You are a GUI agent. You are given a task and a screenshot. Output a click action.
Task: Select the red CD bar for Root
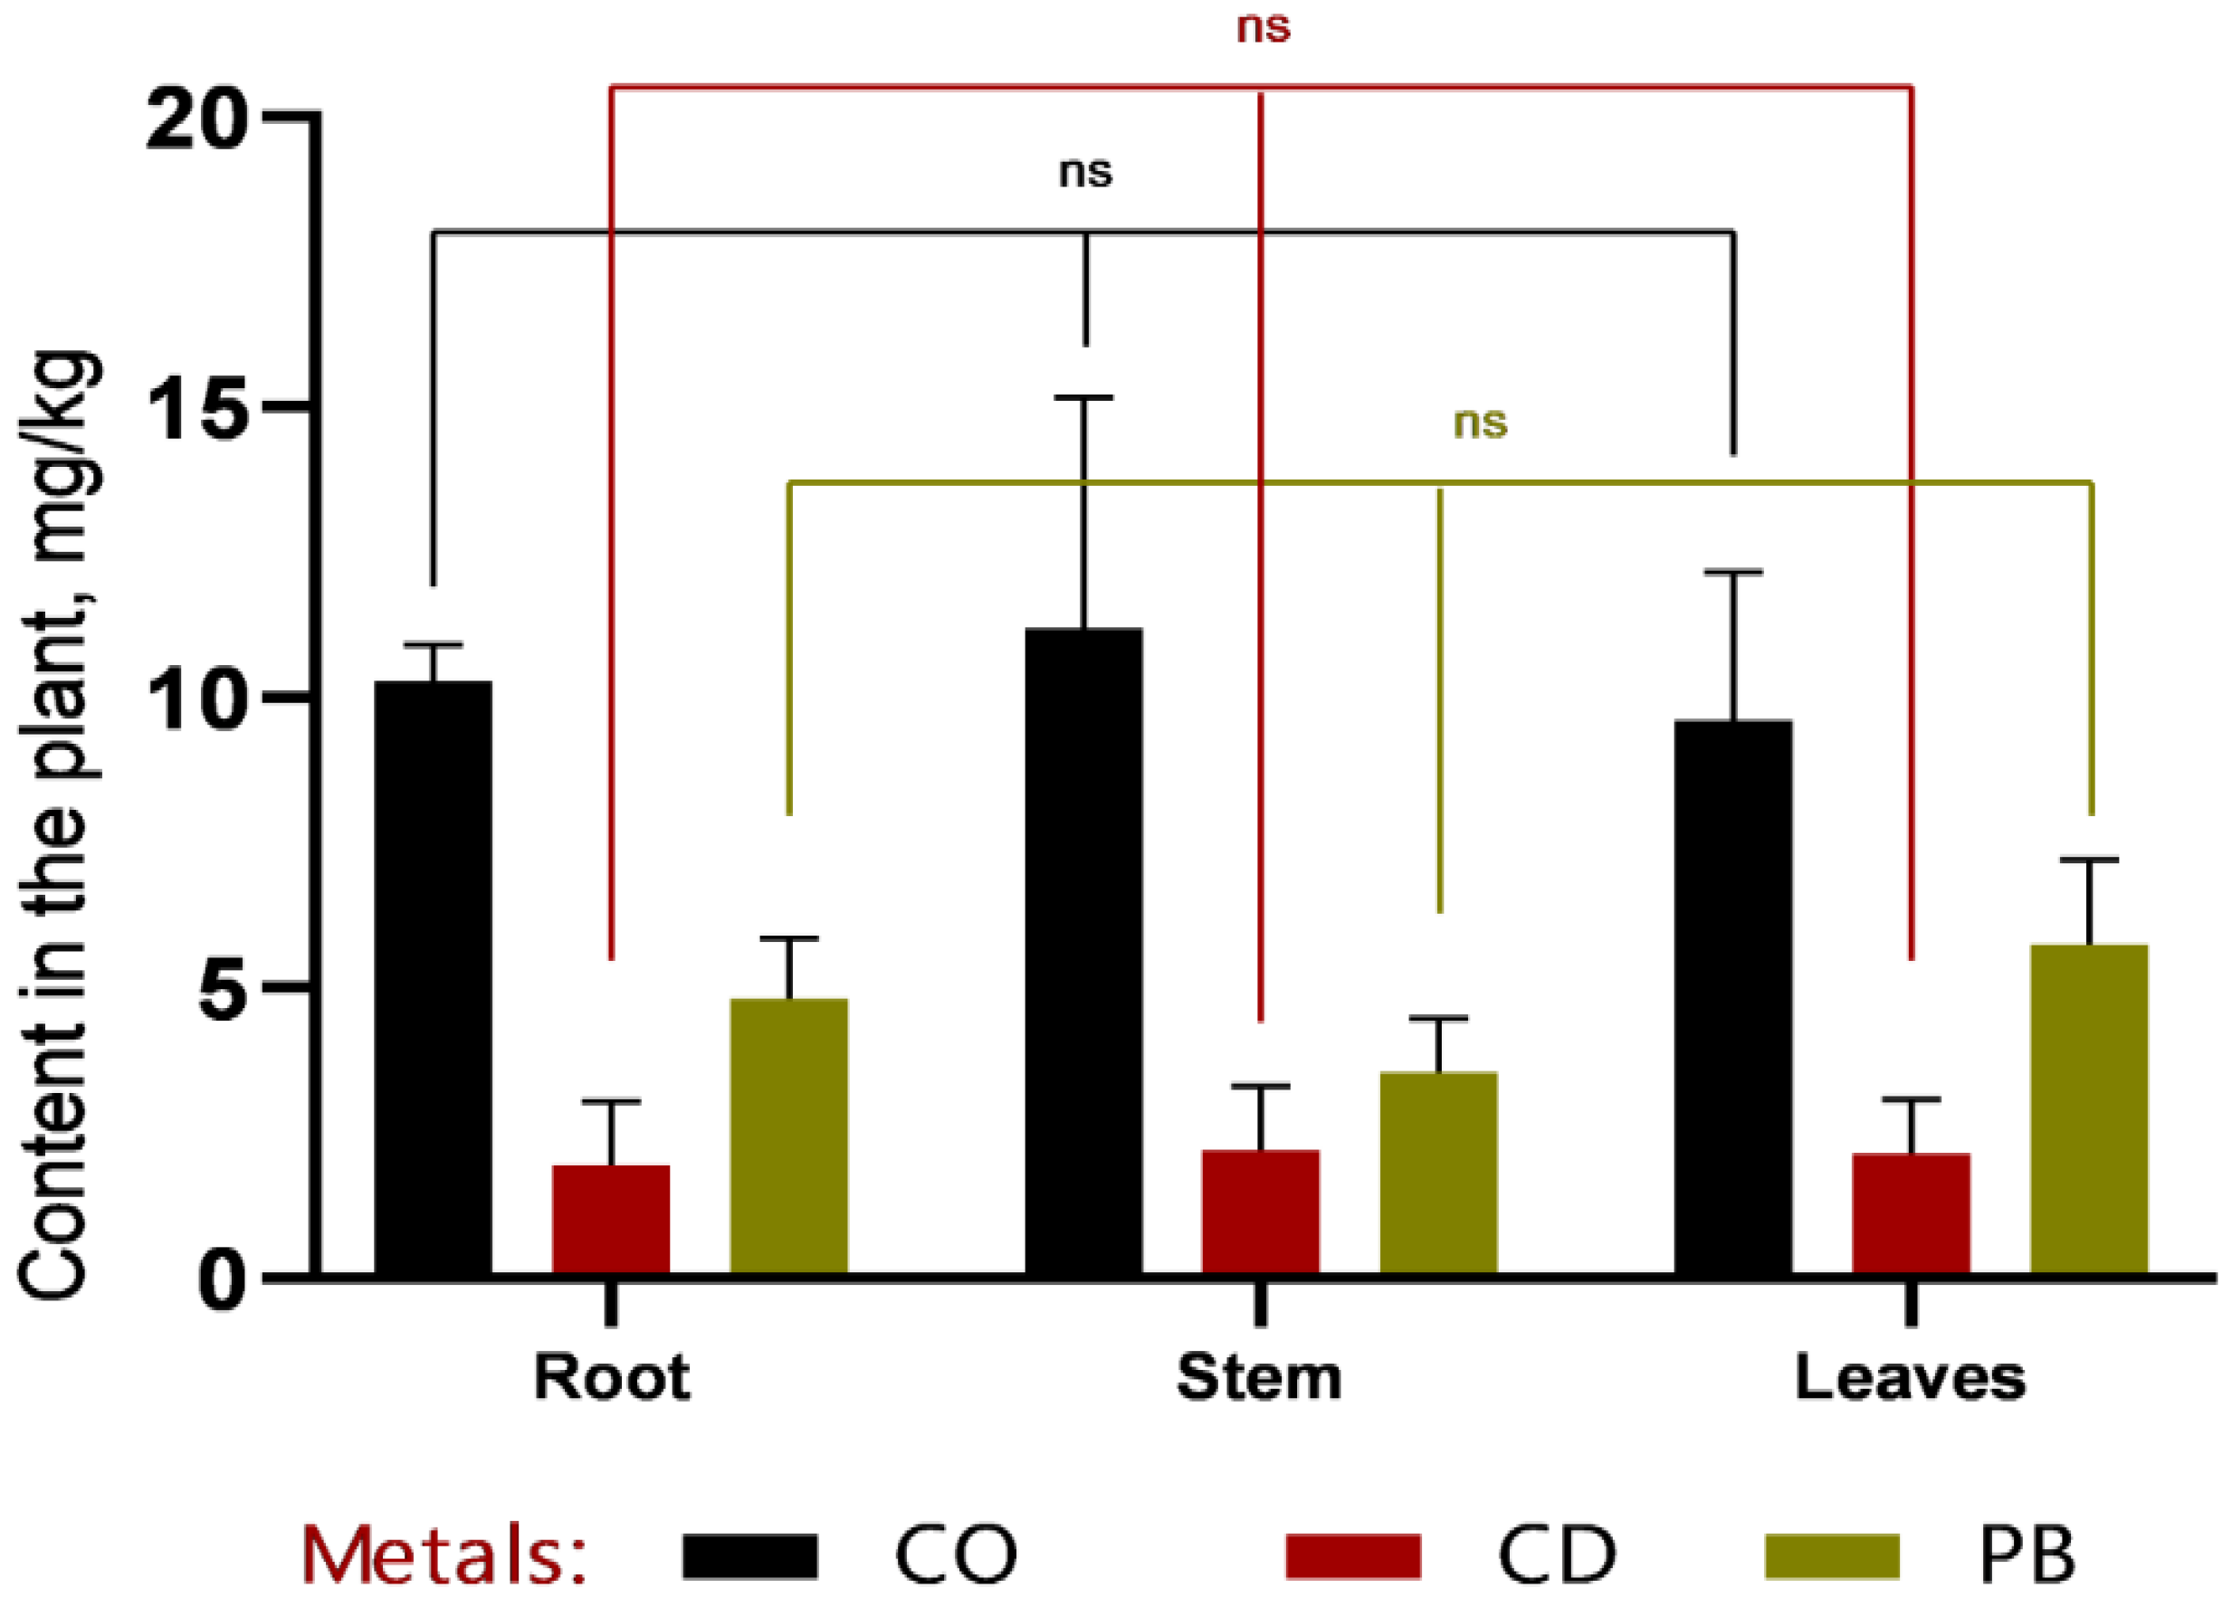610,1221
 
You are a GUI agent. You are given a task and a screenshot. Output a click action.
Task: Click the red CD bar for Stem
1261,1212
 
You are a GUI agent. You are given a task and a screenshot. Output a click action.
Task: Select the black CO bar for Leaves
1733,998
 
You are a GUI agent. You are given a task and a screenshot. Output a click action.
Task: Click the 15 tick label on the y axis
194,409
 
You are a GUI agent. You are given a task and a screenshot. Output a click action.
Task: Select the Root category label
611,1378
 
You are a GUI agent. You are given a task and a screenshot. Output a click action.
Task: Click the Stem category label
1259,1378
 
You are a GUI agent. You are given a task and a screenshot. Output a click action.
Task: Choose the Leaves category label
1910,1378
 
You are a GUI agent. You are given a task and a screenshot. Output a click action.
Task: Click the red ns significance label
1263,27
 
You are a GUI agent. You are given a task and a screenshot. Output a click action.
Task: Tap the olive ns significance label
1480,423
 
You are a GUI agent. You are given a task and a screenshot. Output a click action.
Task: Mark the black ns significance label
1085,172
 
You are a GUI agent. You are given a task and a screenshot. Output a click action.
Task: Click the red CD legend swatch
1352,1555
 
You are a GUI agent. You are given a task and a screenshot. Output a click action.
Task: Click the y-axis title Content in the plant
59,827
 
